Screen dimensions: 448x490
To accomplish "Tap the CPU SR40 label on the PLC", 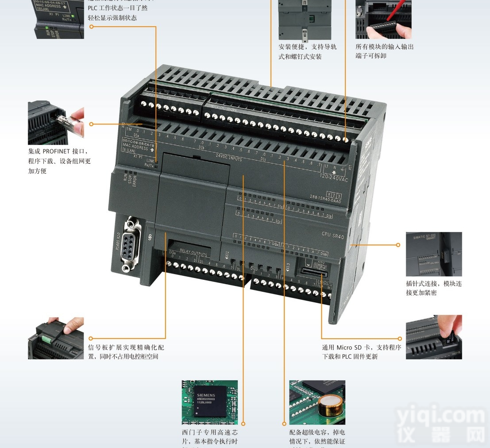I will coord(332,235).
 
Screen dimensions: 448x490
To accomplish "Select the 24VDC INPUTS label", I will coord(228,156).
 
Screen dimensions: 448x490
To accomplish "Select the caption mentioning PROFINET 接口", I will coord(59,161).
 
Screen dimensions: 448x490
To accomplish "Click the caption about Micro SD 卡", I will coord(361,352).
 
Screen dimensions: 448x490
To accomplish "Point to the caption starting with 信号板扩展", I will coord(126,352).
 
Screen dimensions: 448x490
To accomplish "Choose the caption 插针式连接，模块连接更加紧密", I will coord(433,288).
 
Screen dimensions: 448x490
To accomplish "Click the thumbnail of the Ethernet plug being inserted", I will coord(56,123).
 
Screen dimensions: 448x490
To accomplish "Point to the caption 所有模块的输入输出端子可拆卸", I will coord(384,51).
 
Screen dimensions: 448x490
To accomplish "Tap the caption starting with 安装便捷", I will coord(307,51).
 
